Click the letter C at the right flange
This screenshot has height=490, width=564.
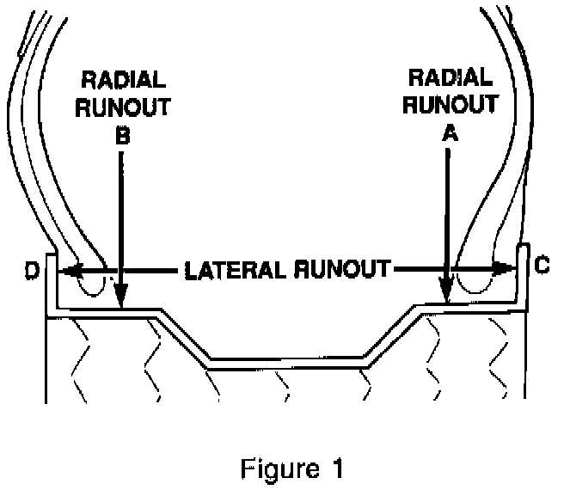point(541,266)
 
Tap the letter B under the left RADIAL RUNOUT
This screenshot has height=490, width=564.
point(121,135)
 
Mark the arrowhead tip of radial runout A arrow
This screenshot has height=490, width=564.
point(446,300)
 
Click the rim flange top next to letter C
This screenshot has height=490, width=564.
point(521,248)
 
